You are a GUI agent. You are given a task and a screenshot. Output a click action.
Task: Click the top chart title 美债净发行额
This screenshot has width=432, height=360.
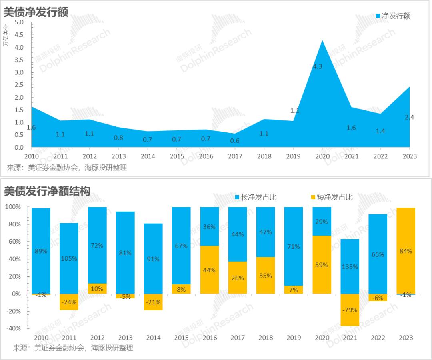36,12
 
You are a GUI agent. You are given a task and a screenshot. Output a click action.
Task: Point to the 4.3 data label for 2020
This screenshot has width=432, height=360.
317,67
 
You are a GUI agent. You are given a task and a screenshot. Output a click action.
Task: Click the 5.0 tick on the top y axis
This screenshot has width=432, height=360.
19,22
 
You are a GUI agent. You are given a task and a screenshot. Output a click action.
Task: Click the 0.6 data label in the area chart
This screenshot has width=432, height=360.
235,140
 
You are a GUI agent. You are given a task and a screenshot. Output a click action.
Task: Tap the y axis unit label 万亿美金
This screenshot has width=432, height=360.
6,35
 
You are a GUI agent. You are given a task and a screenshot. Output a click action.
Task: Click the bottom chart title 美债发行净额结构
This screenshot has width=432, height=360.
47,191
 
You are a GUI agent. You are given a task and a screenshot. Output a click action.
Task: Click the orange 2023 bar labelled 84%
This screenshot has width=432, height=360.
406,251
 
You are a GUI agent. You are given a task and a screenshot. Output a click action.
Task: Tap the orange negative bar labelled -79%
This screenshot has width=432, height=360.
350,310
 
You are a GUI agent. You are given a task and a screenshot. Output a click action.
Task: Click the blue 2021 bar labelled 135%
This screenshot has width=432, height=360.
350,266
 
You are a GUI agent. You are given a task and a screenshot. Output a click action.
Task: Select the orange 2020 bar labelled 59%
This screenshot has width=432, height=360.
322,265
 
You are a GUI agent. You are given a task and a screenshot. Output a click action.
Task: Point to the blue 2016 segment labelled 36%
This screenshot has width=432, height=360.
210,226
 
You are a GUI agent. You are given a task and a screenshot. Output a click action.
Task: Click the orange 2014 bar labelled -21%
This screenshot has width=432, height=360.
153,302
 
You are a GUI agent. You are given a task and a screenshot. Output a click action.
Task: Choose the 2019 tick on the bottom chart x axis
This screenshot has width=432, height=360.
294,338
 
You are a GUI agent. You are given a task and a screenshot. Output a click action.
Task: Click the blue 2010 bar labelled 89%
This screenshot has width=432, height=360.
41,251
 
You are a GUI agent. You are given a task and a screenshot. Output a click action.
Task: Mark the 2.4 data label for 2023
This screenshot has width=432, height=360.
409,117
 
